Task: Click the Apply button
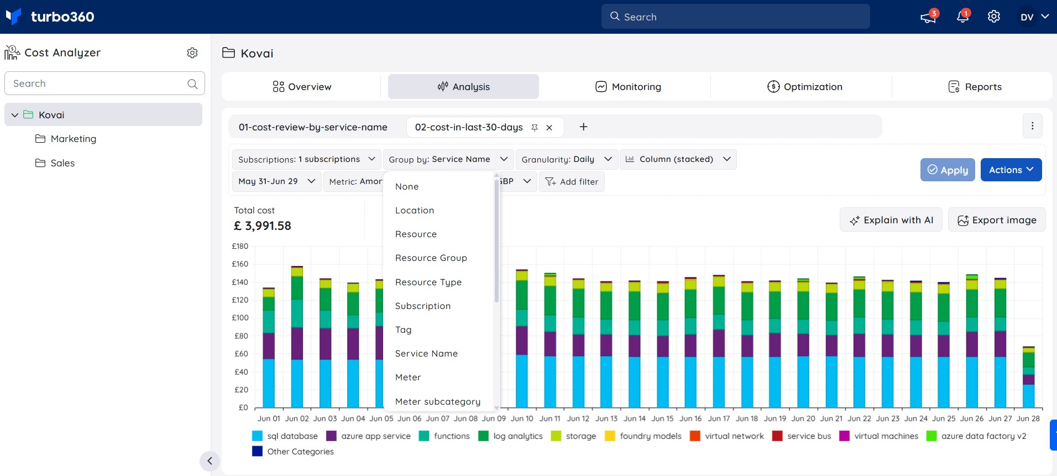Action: [x=948, y=170]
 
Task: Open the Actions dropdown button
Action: [x=1011, y=170]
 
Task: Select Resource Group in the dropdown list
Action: [x=431, y=258]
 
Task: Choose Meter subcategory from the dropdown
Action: [x=438, y=401]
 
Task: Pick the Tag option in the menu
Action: [x=404, y=330]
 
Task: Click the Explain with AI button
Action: [x=891, y=220]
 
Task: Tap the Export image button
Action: [x=997, y=220]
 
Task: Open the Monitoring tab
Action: [x=628, y=87]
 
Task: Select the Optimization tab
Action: [x=805, y=87]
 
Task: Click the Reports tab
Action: [x=975, y=87]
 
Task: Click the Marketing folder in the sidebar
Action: [x=66, y=139]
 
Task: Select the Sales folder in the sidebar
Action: [x=55, y=163]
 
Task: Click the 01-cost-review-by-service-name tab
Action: [x=313, y=127]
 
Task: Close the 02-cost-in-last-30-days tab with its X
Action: [x=550, y=128]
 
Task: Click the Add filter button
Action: [x=572, y=181]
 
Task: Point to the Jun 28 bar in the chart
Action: [x=1028, y=377]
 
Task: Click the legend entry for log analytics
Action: [x=511, y=436]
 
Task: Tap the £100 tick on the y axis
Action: [x=240, y=318]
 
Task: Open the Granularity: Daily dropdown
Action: [x=567, y=159]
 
